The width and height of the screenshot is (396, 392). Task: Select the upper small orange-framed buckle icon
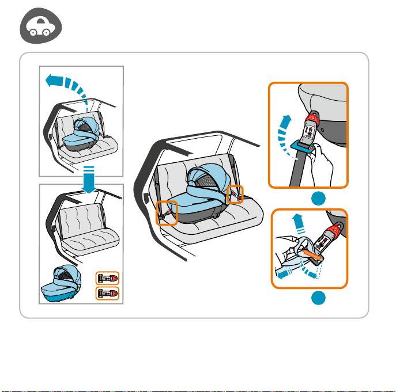tap(106, 277)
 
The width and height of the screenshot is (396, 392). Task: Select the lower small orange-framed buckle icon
tap(106, 294)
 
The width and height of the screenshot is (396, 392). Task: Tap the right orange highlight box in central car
tap(235, 194)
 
